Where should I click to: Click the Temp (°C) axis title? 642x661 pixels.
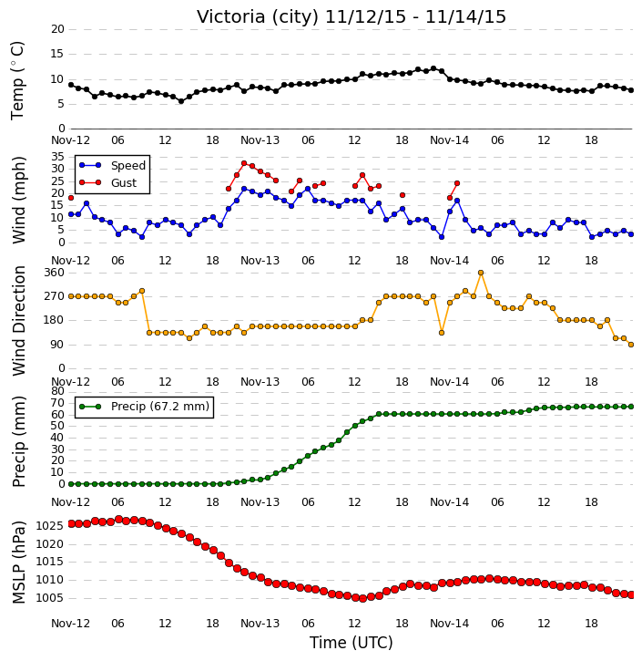[x=17, y=80]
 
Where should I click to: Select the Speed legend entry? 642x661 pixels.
[x=112, y=166]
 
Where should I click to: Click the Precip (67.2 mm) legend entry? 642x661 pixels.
[x=145, y=407]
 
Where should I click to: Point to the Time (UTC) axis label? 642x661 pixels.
[x=352, y=643]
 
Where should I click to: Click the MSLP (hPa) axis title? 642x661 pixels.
[x=18, y=563]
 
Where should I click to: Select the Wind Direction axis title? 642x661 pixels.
[x=18, y=321]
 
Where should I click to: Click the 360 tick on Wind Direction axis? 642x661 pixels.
[x=55, y=273]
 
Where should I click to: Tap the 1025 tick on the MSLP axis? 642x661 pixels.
[x=50, y=526]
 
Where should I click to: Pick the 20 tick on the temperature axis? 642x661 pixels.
[x=57, y=29]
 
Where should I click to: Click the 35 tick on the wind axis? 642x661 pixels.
[x=57, y=157]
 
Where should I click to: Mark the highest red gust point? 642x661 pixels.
[x=244, y=163]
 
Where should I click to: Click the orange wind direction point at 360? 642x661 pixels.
[x=481, y=273]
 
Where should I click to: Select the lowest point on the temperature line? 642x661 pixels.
[x=181, y=101]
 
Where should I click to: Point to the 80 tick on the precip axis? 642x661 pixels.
[x=57, y=391]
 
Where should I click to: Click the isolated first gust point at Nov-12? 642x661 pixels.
[x=71, y=198]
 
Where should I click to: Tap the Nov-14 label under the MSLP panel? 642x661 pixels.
[x=449, y=624]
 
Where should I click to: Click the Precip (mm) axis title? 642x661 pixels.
[x=18, y=441]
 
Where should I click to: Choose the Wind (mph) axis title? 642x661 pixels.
[x=18, y=200]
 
